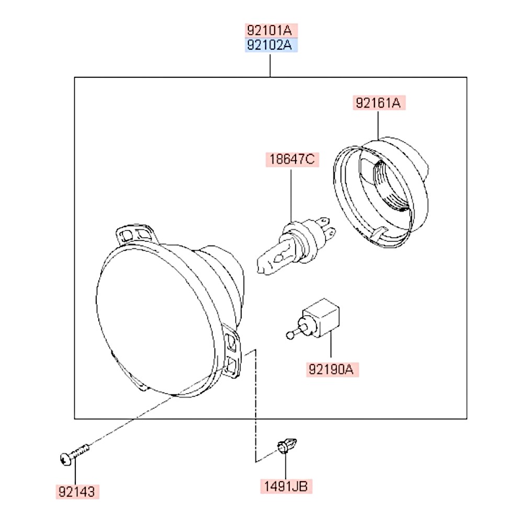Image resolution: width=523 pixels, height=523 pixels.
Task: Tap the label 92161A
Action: [379, 103]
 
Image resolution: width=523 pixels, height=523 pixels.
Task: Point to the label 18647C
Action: [292, 159]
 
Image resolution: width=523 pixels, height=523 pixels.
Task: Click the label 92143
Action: [77, 492]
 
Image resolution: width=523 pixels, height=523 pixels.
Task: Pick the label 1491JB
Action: [286, 486]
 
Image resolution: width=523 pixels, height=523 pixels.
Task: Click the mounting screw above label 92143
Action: [75, 454]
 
